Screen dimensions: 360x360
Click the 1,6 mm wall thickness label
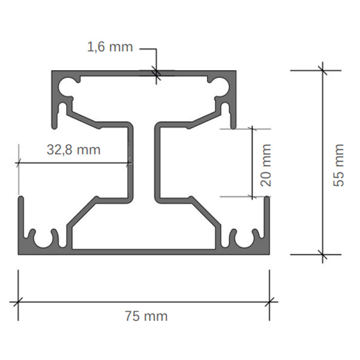click(x=110, y=47)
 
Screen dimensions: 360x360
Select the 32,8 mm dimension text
click(x=73, y=149)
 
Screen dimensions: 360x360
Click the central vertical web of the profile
click(x=144, y=162)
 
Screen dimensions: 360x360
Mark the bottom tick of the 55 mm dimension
click(x=323, y=254)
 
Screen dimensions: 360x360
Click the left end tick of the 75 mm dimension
click(x=18, y=301)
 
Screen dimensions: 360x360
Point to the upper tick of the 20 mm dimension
click(x=252, y=128)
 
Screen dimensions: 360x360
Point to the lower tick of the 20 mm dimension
click(x=252, y=196)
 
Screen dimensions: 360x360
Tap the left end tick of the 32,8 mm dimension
click(x=20, y=161)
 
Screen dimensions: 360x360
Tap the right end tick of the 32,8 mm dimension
click(x=130, y=161)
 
